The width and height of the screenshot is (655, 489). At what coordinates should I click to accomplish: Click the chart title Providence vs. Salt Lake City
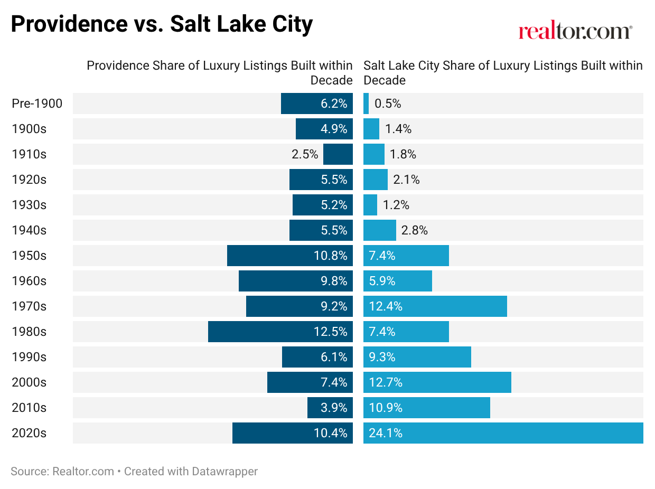coord(162,24)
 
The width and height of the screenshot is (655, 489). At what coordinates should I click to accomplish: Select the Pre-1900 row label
coord(37,103)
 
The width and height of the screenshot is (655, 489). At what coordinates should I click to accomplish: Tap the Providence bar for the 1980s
coord(280,332)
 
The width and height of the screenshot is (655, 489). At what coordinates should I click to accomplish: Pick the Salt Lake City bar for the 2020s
coord(503,433)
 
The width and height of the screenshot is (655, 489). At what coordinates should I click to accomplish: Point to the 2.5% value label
coord(305,154)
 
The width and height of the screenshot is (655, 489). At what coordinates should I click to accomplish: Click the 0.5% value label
coord(388,103)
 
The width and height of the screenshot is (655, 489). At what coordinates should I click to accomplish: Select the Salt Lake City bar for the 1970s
coord(435,306)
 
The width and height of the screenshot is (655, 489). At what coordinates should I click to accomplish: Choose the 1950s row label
coord(29,256)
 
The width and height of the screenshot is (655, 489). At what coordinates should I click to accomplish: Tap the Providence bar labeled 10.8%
coord(290,256)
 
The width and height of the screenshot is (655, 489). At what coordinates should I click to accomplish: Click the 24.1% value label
coord(386,433)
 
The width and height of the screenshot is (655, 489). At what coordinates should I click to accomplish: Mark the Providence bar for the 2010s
coord(330,408)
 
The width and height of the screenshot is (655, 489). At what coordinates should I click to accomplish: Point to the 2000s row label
coord(29,382)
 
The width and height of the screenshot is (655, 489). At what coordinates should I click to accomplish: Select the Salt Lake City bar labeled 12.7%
coord(437,382)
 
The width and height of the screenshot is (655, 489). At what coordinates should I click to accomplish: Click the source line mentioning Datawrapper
coord(134,471)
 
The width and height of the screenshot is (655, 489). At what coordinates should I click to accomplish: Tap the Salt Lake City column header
coord(503,72)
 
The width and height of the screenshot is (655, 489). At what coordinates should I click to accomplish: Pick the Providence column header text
coord(220,72)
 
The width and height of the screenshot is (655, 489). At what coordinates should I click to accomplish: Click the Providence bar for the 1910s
coord(338,154)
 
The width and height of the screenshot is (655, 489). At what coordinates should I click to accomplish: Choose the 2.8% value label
coord(414,230)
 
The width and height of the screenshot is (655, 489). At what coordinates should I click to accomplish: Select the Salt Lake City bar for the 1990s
coord(417,357)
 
